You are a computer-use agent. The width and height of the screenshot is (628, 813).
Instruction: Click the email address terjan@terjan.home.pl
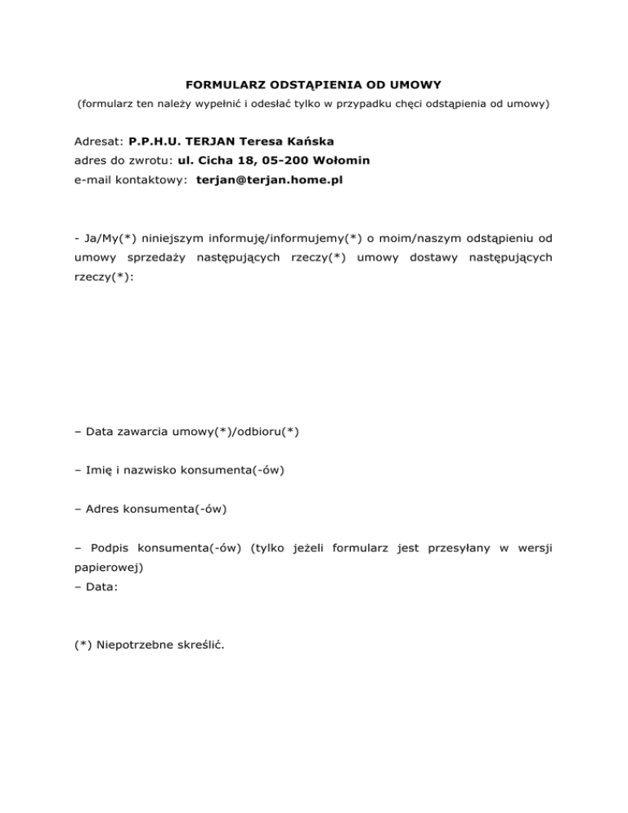(270, 181)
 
